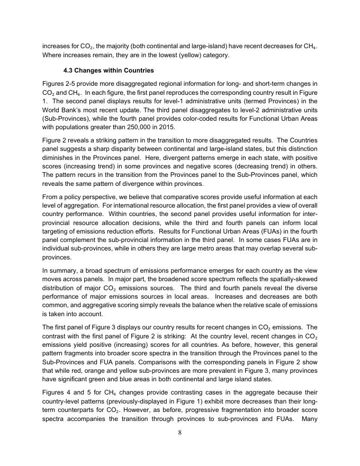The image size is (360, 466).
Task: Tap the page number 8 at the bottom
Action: [180, 433]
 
